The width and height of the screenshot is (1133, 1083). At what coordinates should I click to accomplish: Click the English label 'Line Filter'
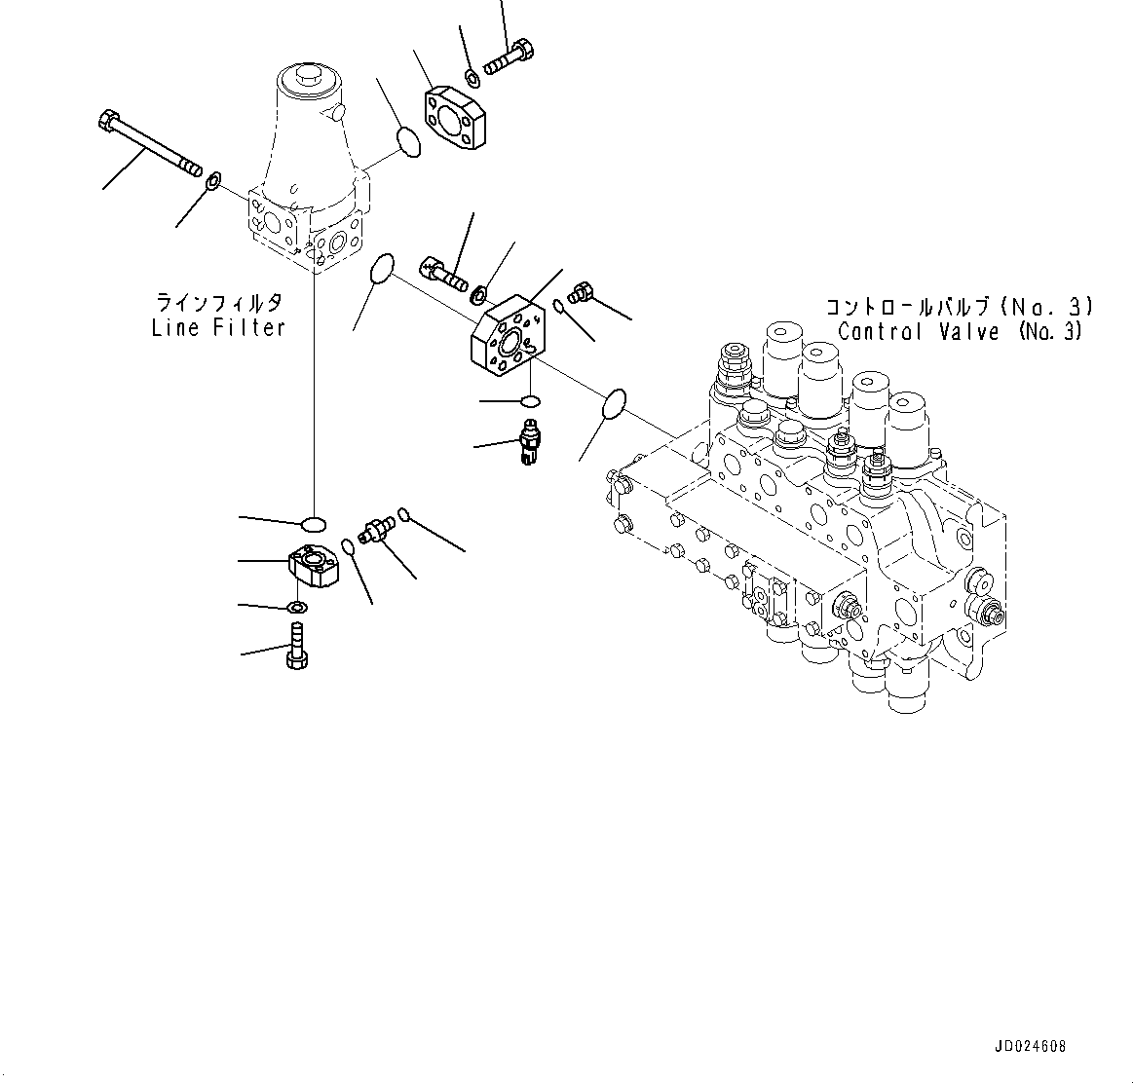tap(218, 327)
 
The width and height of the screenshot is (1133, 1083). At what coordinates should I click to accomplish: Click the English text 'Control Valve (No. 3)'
tap(959, 331)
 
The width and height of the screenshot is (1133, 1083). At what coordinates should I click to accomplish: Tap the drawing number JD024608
tap(1030, 1047)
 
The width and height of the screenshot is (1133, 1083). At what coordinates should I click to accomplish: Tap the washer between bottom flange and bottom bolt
tap(298, 609)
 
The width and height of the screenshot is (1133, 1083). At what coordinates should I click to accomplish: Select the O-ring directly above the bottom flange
tap(313, 523)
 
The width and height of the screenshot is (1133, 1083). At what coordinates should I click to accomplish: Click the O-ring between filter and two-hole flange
tap(410, 142)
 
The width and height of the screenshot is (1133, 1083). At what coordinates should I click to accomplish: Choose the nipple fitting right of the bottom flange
tap(376, 527)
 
